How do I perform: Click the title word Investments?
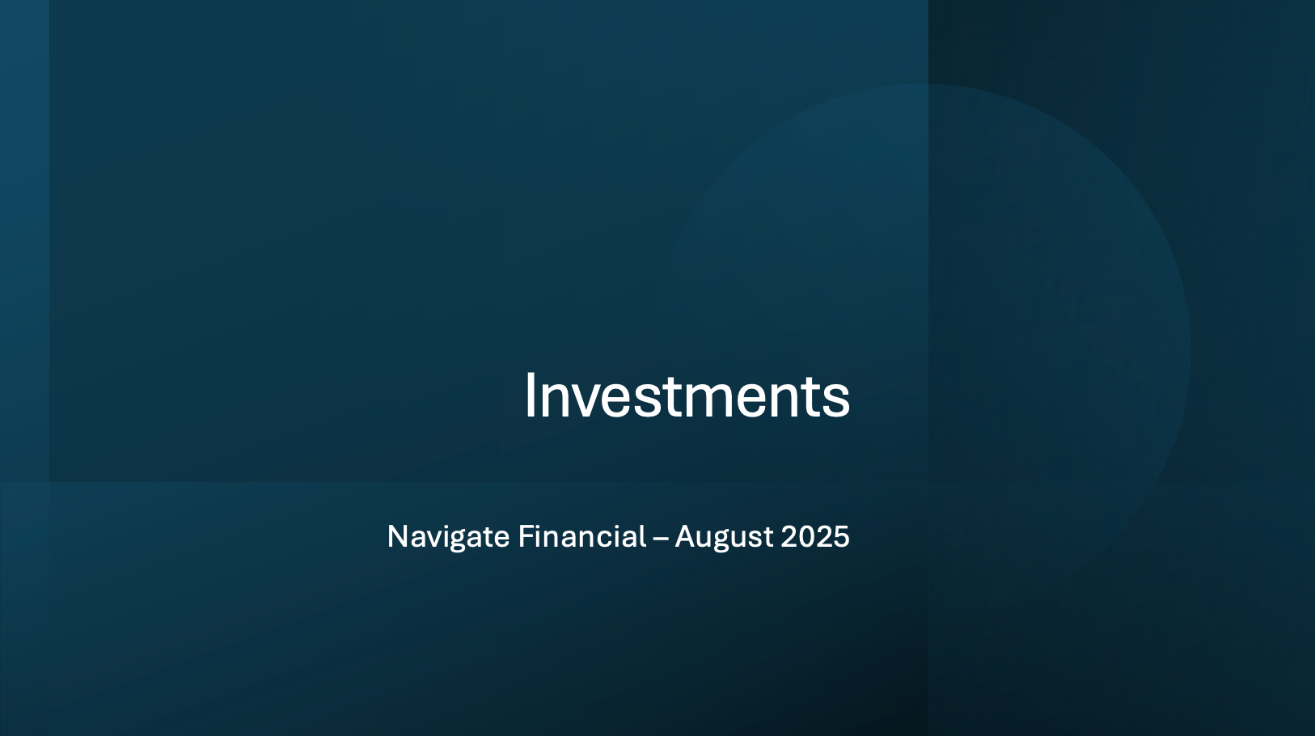687,395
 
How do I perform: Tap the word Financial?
582,536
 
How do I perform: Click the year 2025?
815,536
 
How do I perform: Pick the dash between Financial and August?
661,539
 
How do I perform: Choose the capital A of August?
687,536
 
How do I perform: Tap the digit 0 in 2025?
807,536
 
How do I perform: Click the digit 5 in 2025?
842,536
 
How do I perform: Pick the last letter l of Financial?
644,535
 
